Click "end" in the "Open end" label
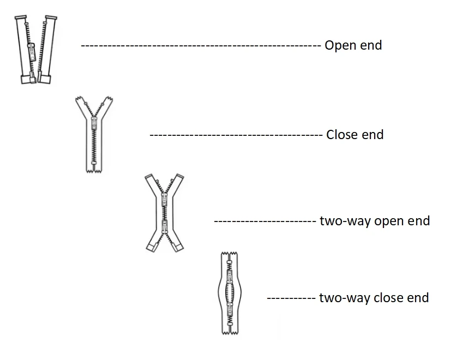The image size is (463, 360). (370, 45)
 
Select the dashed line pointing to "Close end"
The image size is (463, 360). (236, 135)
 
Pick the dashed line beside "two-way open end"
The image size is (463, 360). (264, 221)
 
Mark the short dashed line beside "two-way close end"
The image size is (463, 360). (291, 298)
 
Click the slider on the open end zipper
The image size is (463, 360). (31, 51)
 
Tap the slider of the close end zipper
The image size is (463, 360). (94, 122)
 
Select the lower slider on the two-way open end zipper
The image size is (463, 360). (164, 226)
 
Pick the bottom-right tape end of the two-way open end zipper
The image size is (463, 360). (177, 247)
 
